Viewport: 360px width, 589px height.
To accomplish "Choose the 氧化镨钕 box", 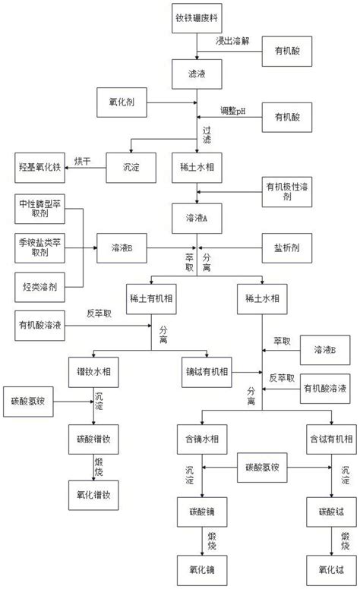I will pos(94,496).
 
